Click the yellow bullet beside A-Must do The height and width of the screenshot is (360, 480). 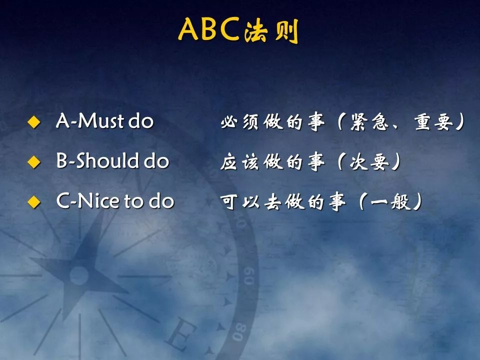tap(33, 122)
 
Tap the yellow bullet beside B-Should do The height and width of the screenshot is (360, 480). tap(33, 161)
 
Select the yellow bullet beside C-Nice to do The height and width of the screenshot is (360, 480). tap(33, 201)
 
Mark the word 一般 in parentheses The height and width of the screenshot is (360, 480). tap(390, 202)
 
